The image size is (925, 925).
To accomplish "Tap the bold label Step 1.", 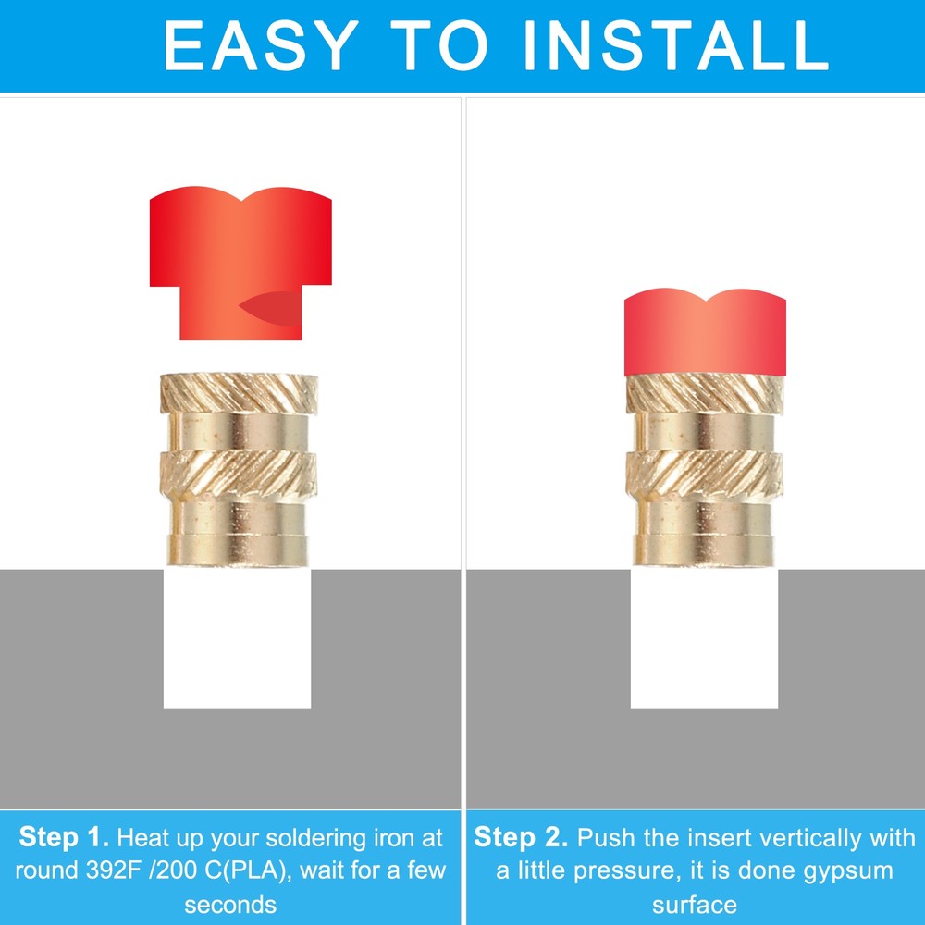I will point(64,838).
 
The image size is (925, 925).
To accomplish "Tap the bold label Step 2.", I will point(520,838).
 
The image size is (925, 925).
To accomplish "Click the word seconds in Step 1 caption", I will point(230,903).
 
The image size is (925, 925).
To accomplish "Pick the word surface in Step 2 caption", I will point(695,903).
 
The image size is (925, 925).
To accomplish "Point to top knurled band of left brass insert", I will point(239,395).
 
